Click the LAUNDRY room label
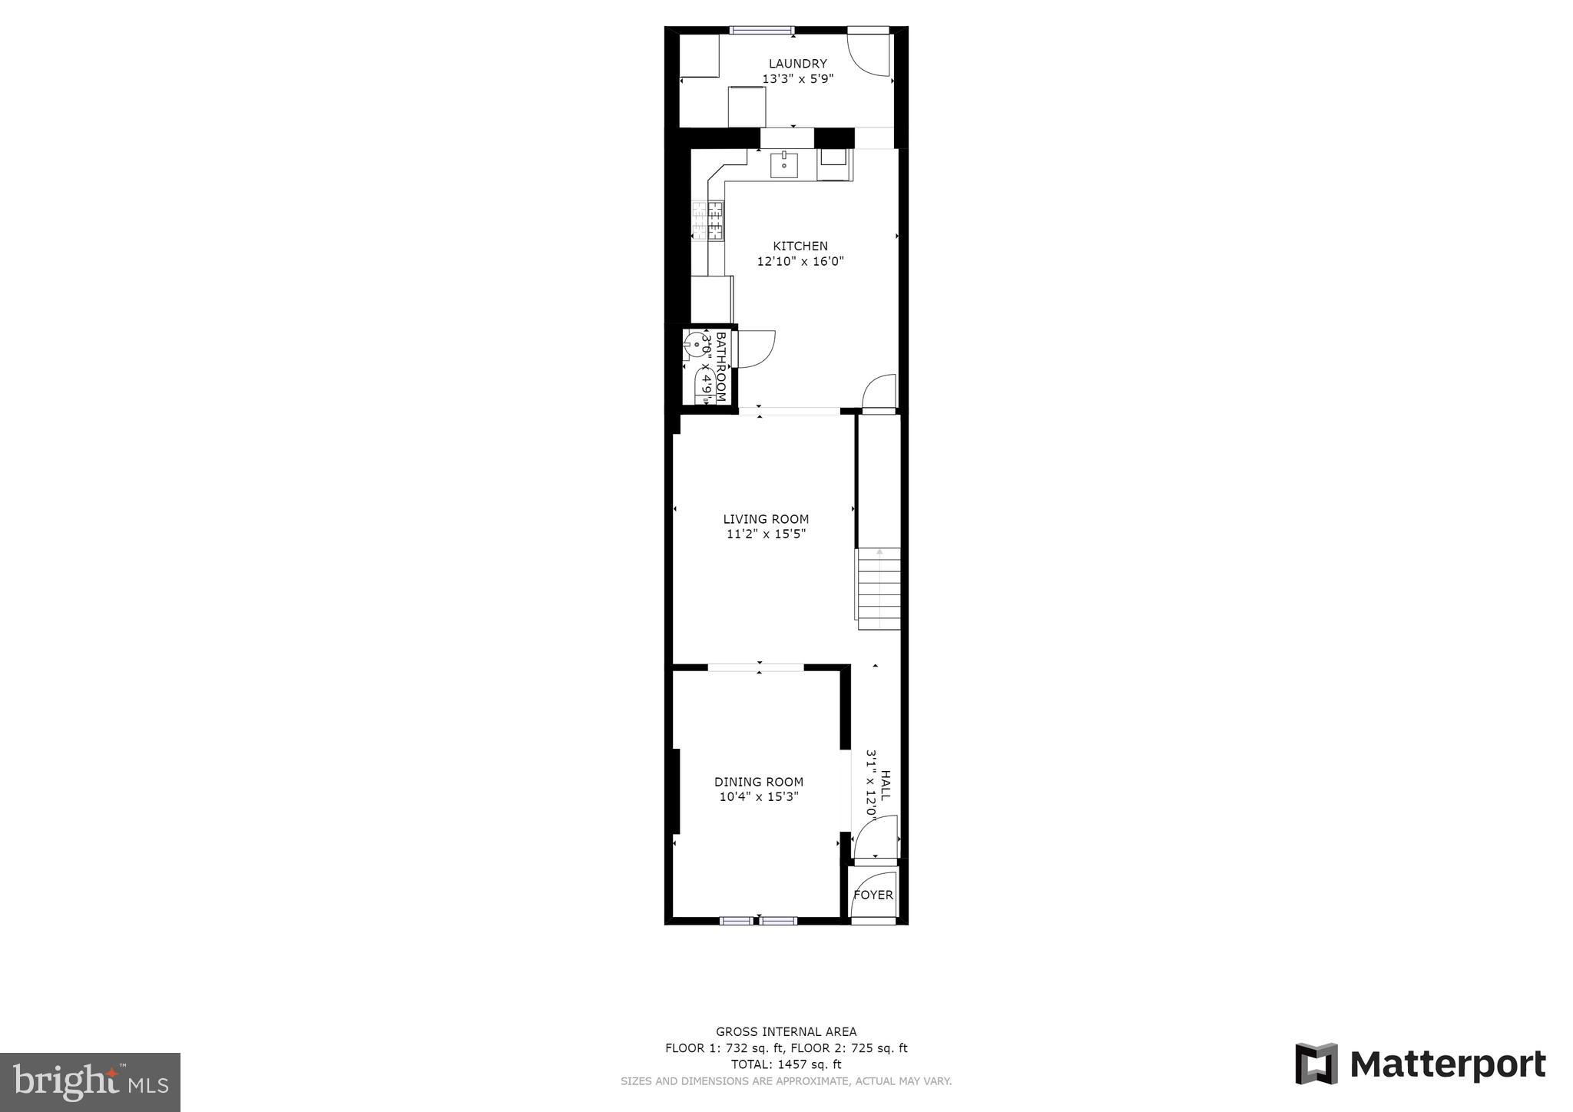797,64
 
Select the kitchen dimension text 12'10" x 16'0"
800,261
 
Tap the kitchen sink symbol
784,164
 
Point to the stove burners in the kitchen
171,220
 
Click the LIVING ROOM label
766,519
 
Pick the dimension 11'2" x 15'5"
766,534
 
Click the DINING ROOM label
759,782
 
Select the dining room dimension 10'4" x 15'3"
759,796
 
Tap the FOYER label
873,895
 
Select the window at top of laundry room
761,31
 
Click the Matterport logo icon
1316,1064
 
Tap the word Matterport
1447,1064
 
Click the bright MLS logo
90,1082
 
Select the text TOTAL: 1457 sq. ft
786,1064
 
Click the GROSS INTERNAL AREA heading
786,1031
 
